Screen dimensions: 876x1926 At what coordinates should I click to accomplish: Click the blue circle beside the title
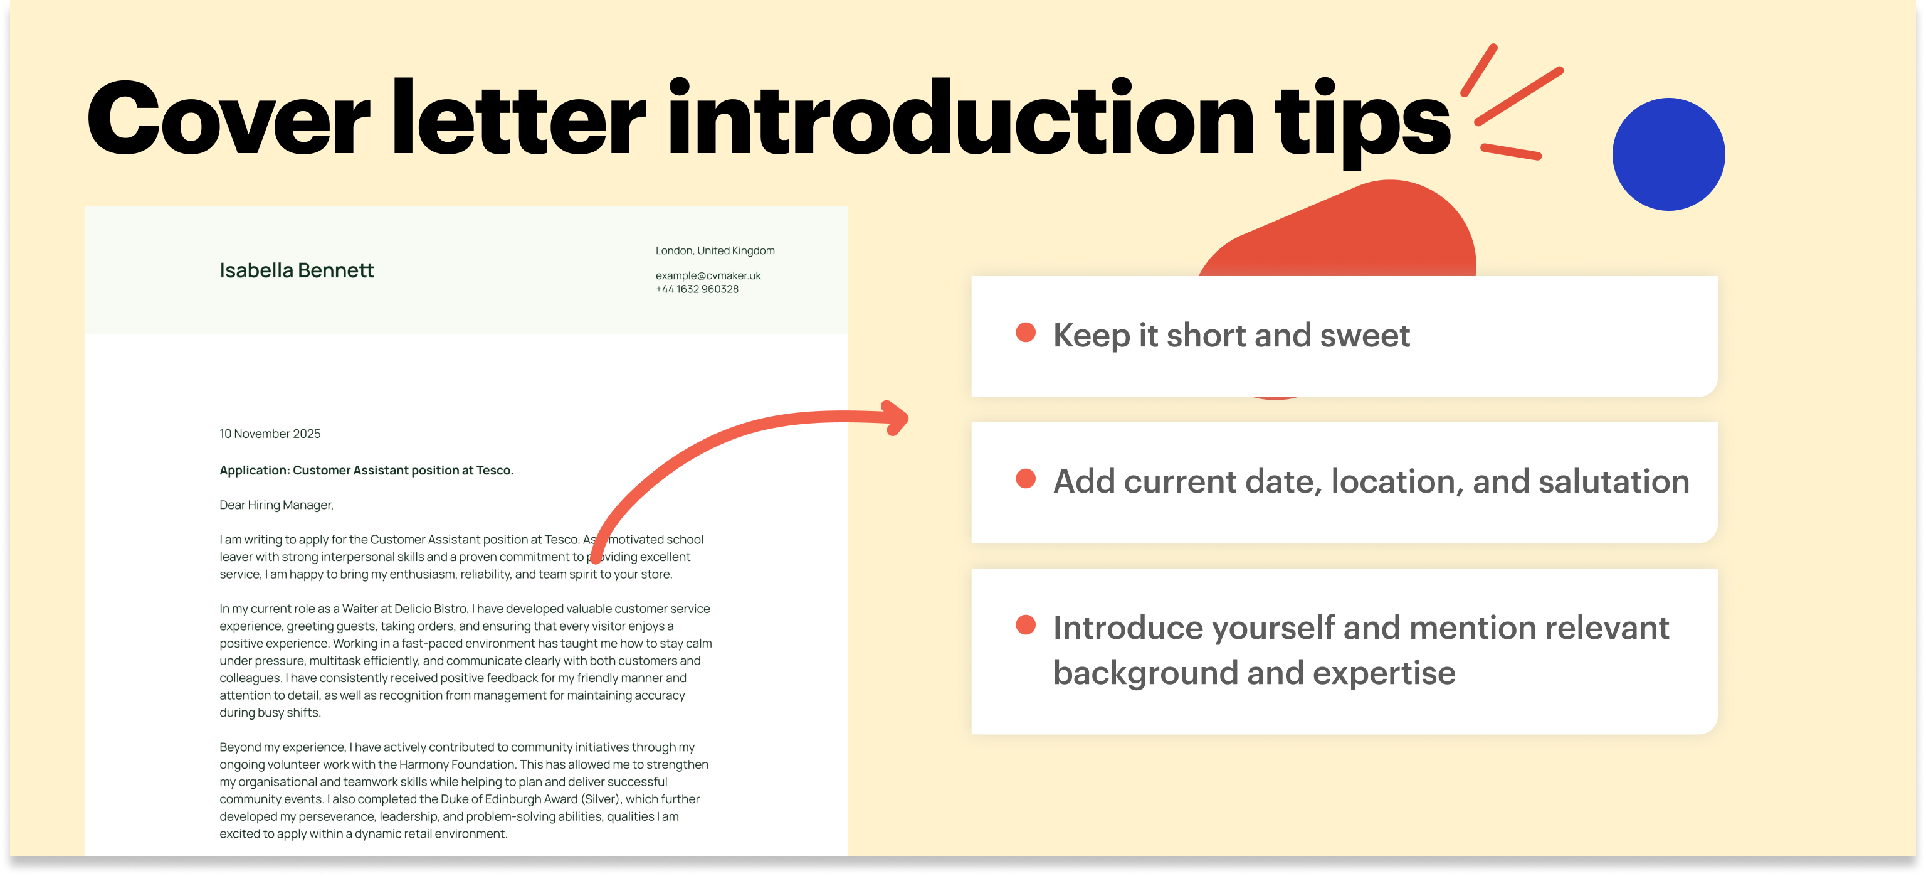coord(1668,154)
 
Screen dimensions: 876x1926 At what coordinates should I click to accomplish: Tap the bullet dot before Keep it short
coord(1025,333)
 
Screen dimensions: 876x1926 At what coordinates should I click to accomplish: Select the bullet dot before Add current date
coord(1025,479)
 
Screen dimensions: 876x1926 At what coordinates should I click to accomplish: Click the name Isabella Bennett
coord(296,270)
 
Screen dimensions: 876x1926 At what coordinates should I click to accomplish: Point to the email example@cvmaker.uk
coord(707,275)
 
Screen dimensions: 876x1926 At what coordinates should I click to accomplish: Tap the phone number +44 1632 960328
coord(697,289)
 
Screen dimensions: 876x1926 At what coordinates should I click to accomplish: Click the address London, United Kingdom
coord(715,250)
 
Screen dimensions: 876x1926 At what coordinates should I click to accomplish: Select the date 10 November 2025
coord(270,434)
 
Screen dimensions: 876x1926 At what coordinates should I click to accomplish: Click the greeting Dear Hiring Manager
coord(276,505)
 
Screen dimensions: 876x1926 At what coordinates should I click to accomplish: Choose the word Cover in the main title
coord(228,120)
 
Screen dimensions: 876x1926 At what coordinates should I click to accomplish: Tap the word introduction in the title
coord(960,120)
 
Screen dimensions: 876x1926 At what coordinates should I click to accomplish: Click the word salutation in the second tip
coord(1614,481)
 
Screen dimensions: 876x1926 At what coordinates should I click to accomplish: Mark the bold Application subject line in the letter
coord(366,471)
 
